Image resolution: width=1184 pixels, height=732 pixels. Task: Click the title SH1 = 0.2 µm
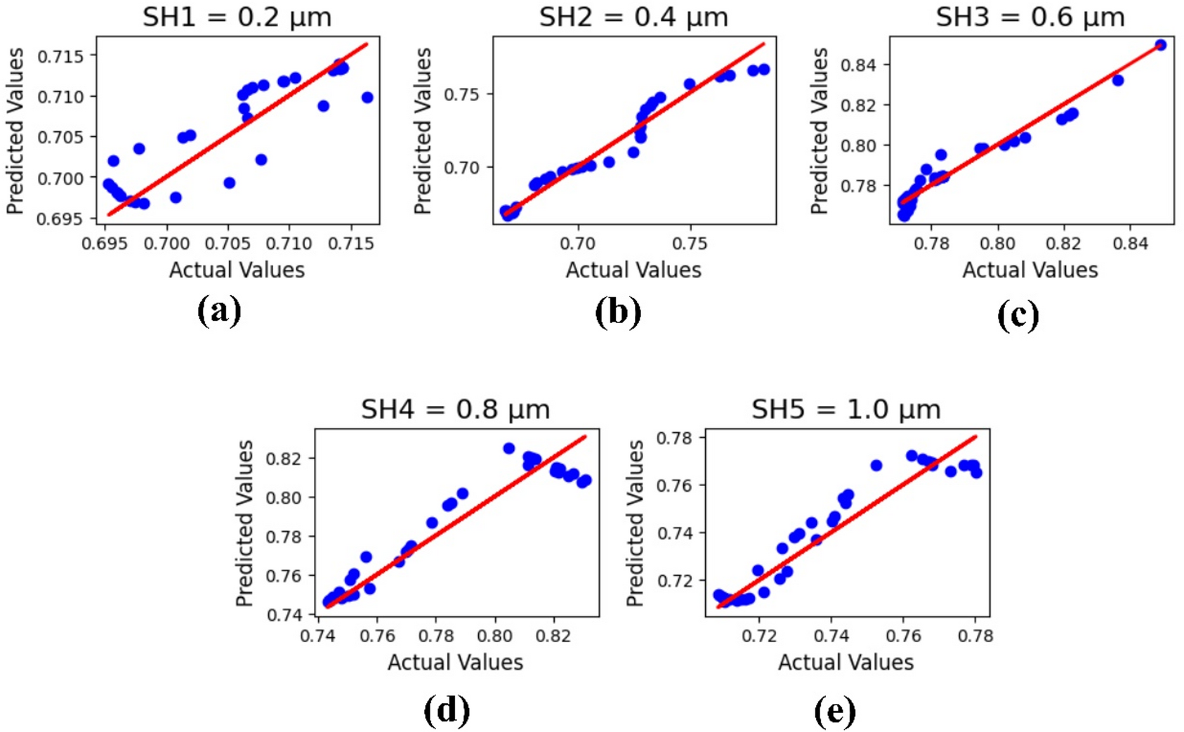[237, 17]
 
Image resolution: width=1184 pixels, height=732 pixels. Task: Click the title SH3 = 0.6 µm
[1030, 17]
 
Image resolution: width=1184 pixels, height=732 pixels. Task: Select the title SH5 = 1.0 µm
[846, 409]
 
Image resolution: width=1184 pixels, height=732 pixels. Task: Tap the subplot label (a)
[219, 311]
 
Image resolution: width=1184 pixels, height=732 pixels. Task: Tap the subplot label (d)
[447, 710]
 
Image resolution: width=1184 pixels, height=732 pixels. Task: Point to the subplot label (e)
[835, 710]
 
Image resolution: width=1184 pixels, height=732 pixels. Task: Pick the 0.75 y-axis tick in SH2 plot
[461, 94]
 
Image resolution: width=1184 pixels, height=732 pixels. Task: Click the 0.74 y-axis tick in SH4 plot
[284, 615]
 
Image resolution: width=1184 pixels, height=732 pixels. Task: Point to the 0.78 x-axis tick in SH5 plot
[975, 636]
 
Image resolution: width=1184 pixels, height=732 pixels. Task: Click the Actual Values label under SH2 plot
[633, 270]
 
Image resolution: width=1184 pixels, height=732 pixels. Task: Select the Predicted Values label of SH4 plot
[244, 523]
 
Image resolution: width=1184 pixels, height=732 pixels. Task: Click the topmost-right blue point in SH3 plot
[1160, 45]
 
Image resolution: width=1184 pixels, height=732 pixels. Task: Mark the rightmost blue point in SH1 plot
[367, 98]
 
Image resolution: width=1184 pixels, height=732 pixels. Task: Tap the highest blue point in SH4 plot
[509, 448]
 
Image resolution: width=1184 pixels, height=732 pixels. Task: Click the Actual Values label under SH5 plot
[846, 662]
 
